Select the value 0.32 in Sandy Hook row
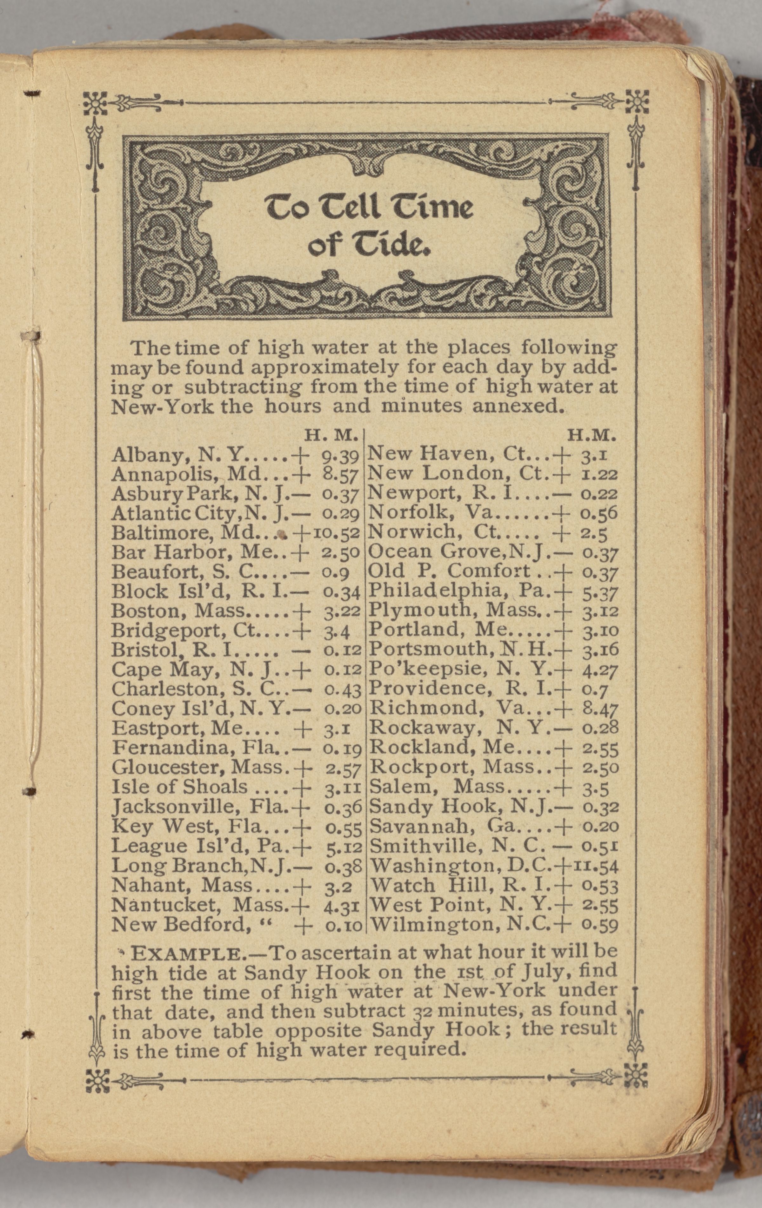coord(600,807)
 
